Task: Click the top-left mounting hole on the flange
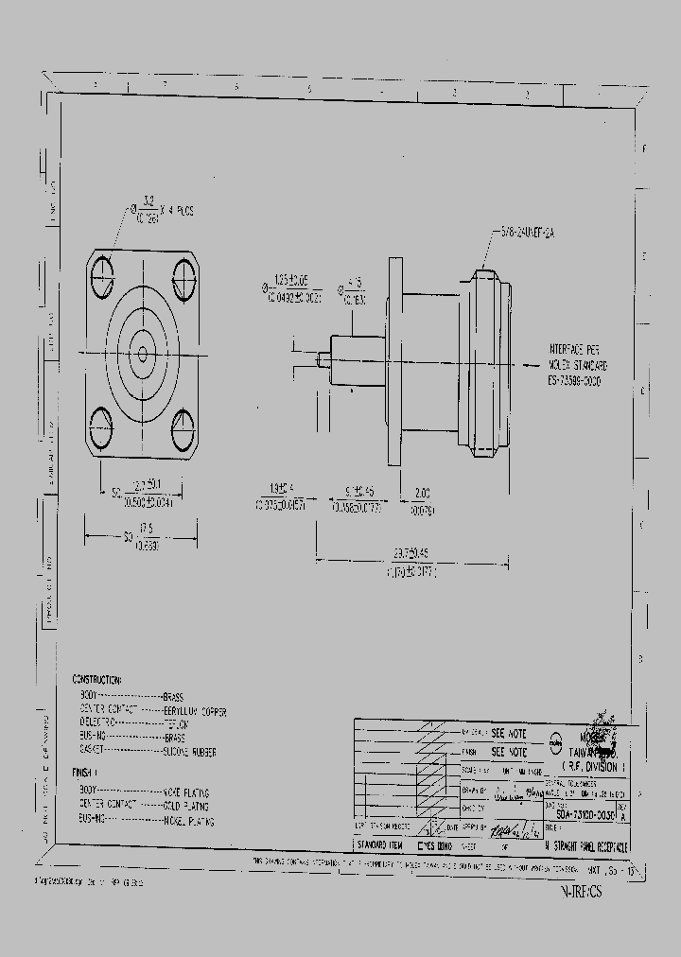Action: (x=103, y=277)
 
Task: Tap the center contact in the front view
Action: (x=142, y=355)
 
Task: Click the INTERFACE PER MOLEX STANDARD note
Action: (x=576, y=364)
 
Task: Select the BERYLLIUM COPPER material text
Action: (x=195, y=709)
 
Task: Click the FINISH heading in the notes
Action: (x=85, y=773)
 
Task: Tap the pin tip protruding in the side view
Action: (x=323, y=360)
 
